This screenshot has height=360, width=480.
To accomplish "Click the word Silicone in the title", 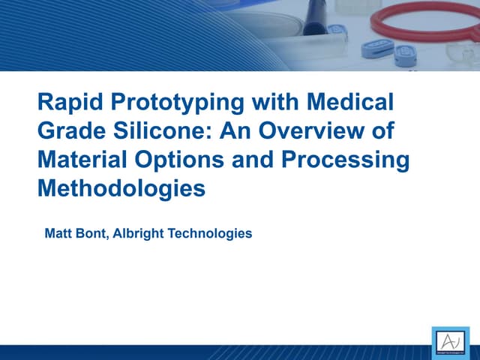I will [154, 130].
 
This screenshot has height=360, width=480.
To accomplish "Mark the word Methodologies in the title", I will [121, 188].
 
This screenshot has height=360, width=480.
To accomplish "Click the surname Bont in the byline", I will [94, 234].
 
